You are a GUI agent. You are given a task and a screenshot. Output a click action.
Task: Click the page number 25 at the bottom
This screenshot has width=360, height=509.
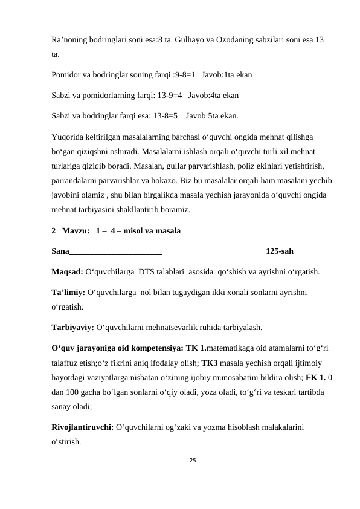pyautogui.click(x=192, y=461)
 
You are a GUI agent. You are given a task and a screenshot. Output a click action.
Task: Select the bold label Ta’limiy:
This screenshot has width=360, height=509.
pyautogui.click(x=68, y=292)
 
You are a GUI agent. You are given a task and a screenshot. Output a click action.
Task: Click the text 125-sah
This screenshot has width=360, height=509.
pyautogui.click(x=280, y=250)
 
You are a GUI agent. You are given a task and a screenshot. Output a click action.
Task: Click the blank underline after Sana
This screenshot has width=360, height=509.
pyautogui.click(x=115, y=250)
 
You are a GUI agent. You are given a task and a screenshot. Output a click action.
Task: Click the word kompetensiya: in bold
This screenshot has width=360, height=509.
pyautogui.click(x=153, y=349)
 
